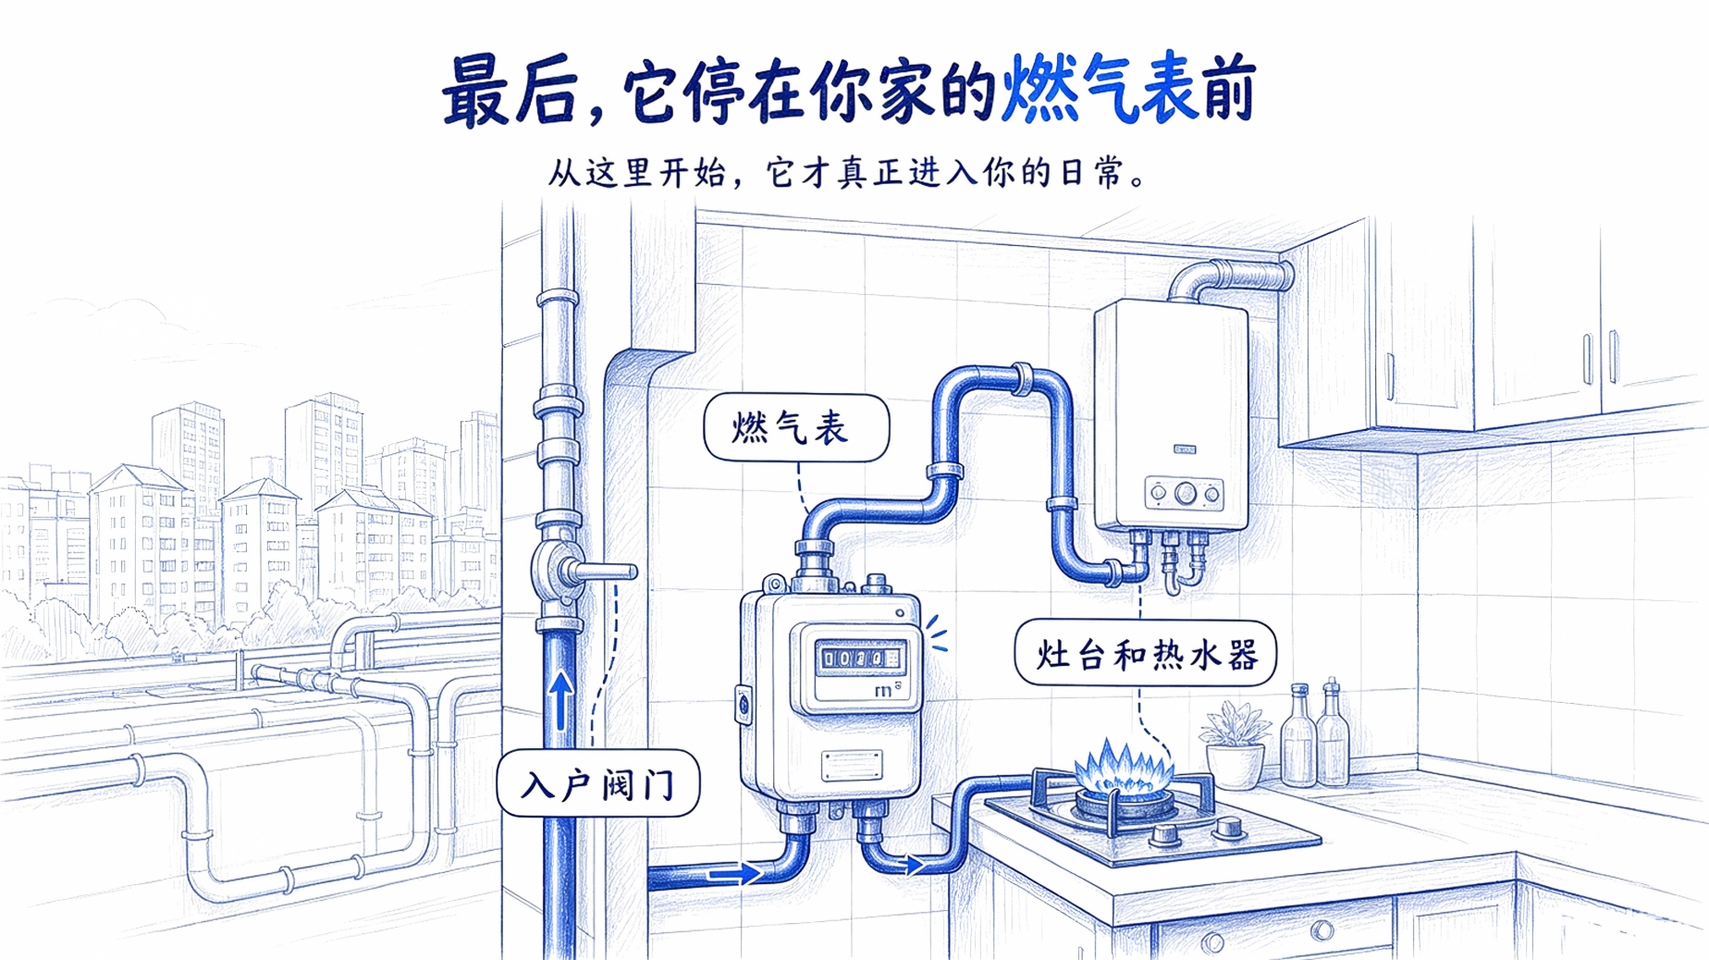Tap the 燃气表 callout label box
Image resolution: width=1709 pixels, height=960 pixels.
[x=796, y=427]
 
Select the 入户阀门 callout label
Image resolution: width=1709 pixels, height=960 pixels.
[x=598, y=783]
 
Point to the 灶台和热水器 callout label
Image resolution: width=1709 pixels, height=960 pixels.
[x=1145, y=653]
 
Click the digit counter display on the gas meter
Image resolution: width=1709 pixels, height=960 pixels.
[x=861, y=658]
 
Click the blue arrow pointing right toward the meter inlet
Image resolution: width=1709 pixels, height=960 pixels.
[x=735, y=872]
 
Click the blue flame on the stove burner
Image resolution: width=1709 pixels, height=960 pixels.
[x=1124, y=768]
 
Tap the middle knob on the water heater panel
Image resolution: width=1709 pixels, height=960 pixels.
[x=1185, y=495]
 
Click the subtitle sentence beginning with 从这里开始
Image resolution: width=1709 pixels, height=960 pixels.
[x=847, y=173]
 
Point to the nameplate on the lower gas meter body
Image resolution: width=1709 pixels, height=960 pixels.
[x=852, y=766]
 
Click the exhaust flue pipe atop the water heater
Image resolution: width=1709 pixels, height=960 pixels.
[x=1229, y=278]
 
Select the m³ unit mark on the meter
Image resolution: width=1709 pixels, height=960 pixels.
[x=886, y=690]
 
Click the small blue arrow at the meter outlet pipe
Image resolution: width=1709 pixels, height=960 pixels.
[x=914, y=866]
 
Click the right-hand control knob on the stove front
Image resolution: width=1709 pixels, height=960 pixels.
[x=1228, y=826]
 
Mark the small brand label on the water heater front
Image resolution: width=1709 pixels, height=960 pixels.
[x=1185, y=449]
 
